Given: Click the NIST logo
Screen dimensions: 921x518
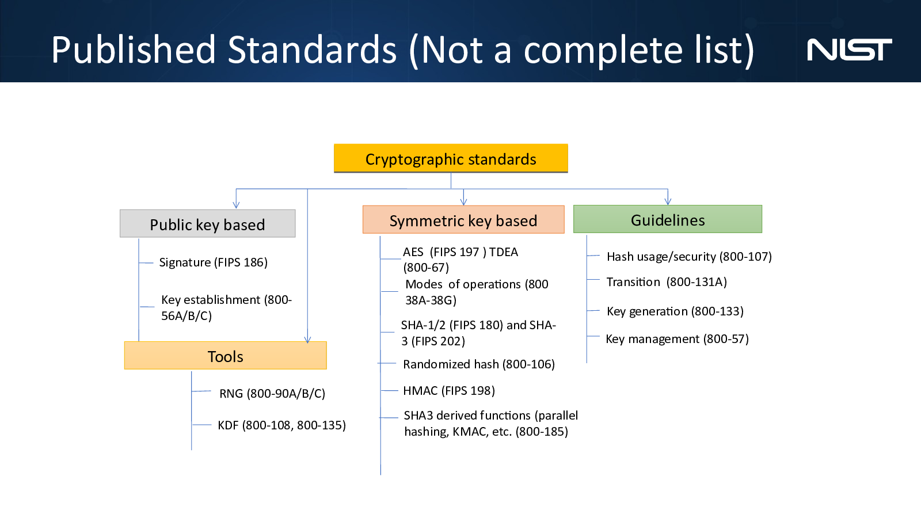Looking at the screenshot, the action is pos(850,49).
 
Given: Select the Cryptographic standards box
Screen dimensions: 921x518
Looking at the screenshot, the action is pos(451,158).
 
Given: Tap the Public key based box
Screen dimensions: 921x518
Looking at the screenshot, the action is pos(207,223).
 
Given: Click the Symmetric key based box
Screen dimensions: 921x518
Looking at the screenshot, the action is pos(463,219).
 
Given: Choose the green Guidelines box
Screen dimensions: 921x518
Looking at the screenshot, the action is pos(668,219).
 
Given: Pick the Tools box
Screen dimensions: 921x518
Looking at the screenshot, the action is pos(225,356).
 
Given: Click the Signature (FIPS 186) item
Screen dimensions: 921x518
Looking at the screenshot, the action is pos(214,262).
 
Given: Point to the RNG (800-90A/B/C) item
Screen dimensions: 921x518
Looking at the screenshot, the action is pos(272,394).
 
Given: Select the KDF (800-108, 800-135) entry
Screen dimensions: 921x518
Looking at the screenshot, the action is pos(281,425).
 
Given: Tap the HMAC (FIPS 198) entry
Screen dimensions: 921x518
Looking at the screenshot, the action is pos(449,391).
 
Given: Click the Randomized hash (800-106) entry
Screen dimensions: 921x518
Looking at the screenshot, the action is pos(479,364).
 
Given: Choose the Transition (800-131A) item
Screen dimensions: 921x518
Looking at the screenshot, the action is pos(667,282).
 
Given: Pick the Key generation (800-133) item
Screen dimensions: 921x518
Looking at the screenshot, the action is pos(675,311).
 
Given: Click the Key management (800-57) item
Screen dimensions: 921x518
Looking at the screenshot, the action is pos(677,339).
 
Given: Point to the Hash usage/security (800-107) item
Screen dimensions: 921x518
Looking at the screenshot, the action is pos(689,257).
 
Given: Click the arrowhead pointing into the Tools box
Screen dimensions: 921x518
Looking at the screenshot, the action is pos(307,340).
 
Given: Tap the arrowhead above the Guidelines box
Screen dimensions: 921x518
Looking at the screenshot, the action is pos(668,201).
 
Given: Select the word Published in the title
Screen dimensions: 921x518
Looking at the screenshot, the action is pos(133,50).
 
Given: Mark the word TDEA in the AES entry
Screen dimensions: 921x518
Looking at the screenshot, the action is pos(504,252).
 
